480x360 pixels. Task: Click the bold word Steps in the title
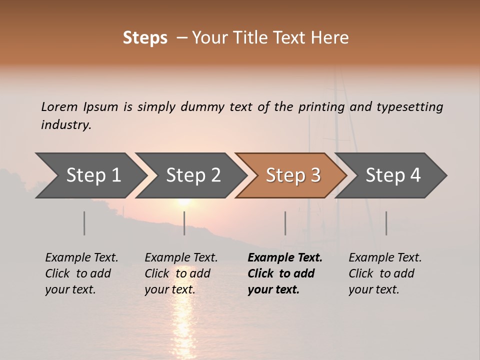click(145, 37)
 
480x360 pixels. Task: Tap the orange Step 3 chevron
click(293, 175)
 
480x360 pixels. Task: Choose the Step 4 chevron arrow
click(393, 175)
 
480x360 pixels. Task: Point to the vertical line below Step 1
click(84, 223)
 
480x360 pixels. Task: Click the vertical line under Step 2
click(184, 223)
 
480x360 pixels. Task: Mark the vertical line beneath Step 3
click(285, 223)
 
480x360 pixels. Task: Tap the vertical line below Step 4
click(386, 223)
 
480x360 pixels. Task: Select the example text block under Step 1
click(81, 273)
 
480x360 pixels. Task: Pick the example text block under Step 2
click(181, 273)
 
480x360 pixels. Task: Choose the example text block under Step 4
click(385, 273)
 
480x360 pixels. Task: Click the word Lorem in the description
click(59, 106)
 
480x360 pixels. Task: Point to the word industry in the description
click(66, 125)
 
